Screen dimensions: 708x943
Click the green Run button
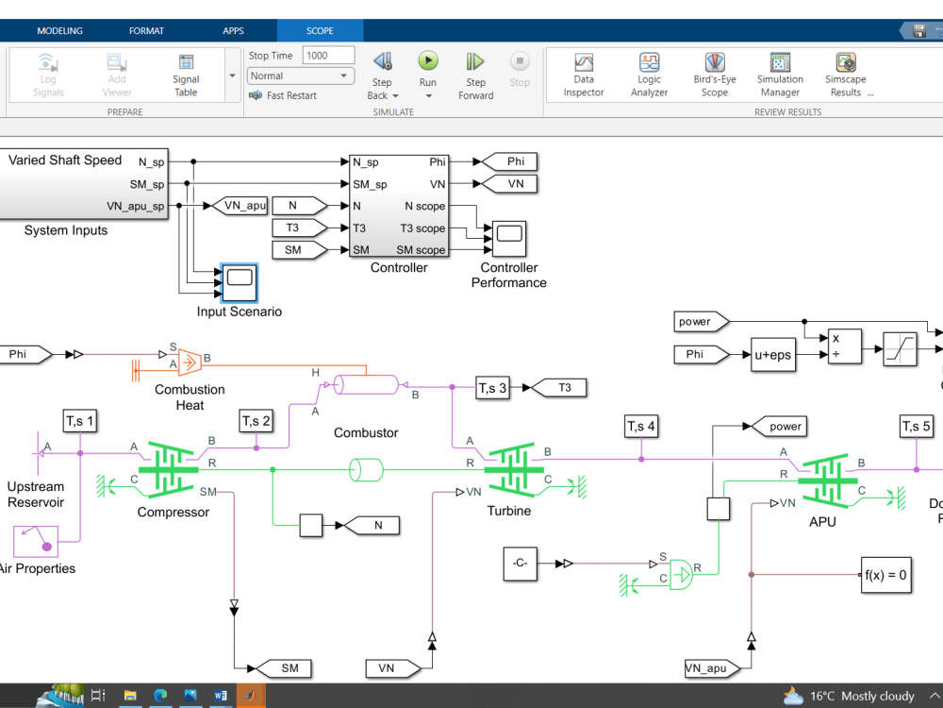428,62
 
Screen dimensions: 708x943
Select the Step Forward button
475,62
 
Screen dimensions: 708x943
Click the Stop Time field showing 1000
327,56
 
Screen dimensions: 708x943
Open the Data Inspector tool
584,63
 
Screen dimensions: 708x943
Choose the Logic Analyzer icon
649,63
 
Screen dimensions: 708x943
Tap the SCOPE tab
320,31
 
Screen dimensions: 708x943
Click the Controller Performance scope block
510,239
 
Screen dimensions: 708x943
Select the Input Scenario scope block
240,281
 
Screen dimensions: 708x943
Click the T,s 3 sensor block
492,387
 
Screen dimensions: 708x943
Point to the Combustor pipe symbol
367,385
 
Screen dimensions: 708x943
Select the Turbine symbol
514,467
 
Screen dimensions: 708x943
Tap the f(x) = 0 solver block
886,574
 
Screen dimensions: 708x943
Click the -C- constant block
519,564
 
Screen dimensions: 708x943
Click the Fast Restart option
290,95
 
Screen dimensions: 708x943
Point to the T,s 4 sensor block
641,427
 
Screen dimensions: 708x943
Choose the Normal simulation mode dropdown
301,76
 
